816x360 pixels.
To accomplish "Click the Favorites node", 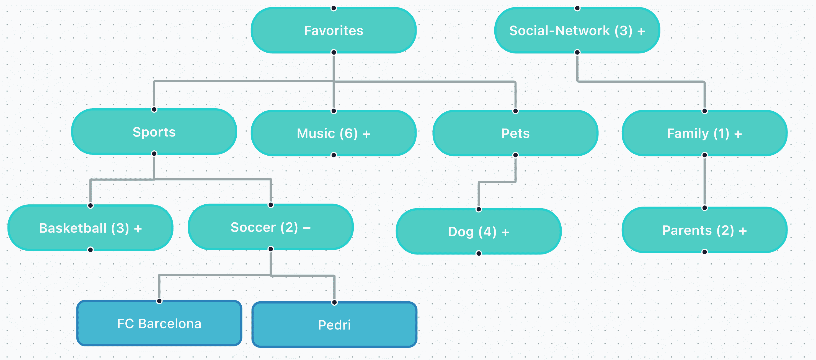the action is click(334, 30).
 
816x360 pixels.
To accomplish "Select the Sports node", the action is click(154, 132).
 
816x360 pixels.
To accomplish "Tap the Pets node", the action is click(515, 133).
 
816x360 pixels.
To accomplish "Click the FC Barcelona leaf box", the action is click(159, 323).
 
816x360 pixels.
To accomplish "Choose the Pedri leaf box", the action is click(334, 325).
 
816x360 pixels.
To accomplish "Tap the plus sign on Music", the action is click(366, 134).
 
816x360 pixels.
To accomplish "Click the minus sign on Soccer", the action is click(307, 228).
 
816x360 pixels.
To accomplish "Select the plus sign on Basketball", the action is click(138, 229).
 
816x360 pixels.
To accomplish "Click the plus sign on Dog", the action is click(505, 233).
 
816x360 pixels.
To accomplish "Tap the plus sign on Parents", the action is click(743, 231).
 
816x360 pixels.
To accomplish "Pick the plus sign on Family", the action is click(738, 134).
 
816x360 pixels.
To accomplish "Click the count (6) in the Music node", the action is click(348, 133).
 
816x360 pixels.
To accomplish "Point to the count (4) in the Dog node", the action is click(487, 232).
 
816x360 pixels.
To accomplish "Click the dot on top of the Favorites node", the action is click(334, 8).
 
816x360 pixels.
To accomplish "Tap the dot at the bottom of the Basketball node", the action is click(90, 250).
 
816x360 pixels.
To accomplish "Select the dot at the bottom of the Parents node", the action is click(704, 252).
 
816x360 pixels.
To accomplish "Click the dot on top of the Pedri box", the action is click(334, 302).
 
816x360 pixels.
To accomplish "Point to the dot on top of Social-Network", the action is click(577, 8).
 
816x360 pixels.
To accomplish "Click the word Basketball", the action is click(73, 228).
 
